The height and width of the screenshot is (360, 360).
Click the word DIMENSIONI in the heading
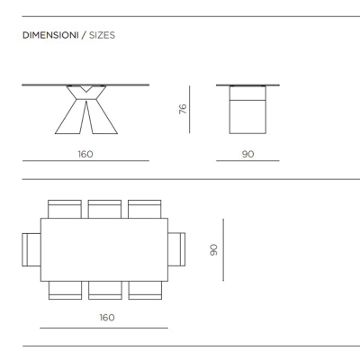click(50, 35)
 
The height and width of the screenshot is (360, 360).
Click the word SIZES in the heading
click(102, 35)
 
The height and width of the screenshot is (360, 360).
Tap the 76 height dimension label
click(183, 109)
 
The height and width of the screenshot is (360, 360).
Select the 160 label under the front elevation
click(85, 154)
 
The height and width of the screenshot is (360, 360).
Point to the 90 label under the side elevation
click(247, 154)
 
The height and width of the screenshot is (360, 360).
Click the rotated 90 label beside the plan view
click(213, 249)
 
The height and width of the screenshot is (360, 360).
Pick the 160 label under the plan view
click(107, 318)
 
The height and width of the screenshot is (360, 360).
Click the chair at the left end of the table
click(31, 249)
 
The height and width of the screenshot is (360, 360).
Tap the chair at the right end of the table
click(176, 249)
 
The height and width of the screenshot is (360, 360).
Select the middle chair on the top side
click(104, 209)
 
